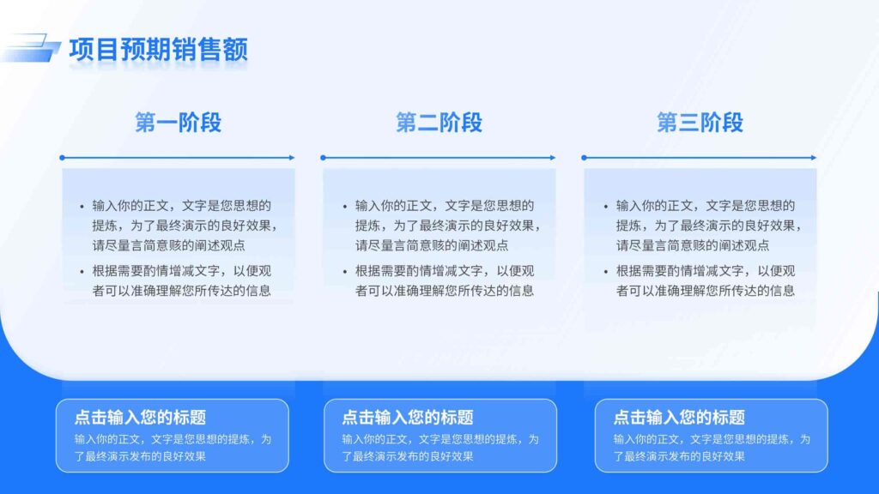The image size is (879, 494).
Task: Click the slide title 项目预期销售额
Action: pos(158,50)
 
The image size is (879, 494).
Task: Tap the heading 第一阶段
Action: pos(179,123)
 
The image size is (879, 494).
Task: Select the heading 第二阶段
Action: pos(439,123)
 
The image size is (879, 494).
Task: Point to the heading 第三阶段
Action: pos(700,123)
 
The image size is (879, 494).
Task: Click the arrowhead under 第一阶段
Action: pos(292,158)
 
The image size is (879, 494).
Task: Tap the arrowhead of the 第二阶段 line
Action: pos(553,158)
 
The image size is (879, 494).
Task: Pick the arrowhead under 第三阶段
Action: pos(814,158)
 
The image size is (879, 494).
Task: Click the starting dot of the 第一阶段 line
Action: pos(62,158)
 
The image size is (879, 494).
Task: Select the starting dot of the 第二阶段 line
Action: pos(323,158)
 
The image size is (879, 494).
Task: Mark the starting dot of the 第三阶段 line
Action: pos(584,158)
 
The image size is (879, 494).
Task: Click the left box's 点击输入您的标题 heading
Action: pos(140,418)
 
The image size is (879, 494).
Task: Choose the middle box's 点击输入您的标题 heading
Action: pos(408,418)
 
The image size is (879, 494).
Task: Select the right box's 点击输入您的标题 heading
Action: pos(679,418)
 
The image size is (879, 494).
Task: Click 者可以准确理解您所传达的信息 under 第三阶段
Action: pos(705,291)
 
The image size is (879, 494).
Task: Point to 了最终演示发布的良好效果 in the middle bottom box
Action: pos(408,456)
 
